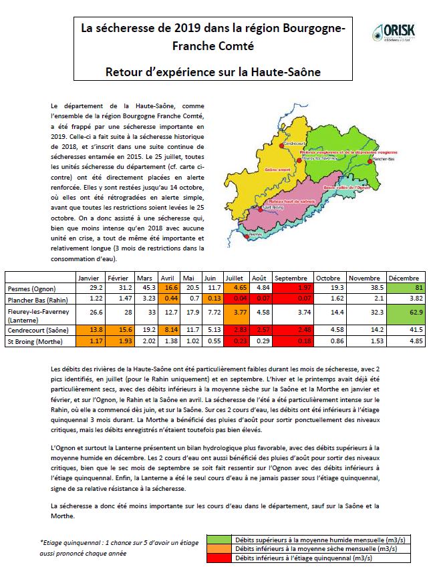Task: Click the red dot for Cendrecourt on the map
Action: [281, 142]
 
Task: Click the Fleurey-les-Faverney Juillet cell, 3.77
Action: [235, 310]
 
